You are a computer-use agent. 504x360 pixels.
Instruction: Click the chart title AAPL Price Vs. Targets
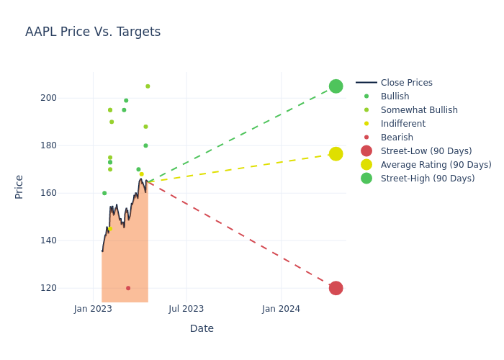point(93,32)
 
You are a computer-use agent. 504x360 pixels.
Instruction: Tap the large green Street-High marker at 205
point(336,86)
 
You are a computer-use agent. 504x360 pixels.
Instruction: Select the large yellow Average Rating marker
point(336,154)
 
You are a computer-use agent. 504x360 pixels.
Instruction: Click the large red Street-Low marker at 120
point(336,288)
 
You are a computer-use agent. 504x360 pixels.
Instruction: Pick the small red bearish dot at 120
point(128,288)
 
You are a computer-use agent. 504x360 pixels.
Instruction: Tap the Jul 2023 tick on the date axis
point(186,309)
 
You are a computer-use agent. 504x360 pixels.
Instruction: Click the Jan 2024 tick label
point(281,309)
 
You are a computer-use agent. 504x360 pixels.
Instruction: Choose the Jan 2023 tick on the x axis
point(93,309)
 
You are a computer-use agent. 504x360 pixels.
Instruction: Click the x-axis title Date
point(202,329)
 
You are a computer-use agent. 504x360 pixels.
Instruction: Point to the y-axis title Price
point(19,186)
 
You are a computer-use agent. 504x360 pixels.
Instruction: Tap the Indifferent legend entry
point(402,124)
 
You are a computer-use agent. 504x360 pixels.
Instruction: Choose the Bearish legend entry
point(397,138)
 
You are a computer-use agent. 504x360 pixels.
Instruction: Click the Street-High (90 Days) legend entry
point(428,179)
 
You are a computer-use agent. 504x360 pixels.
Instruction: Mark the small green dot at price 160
point(104,193)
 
